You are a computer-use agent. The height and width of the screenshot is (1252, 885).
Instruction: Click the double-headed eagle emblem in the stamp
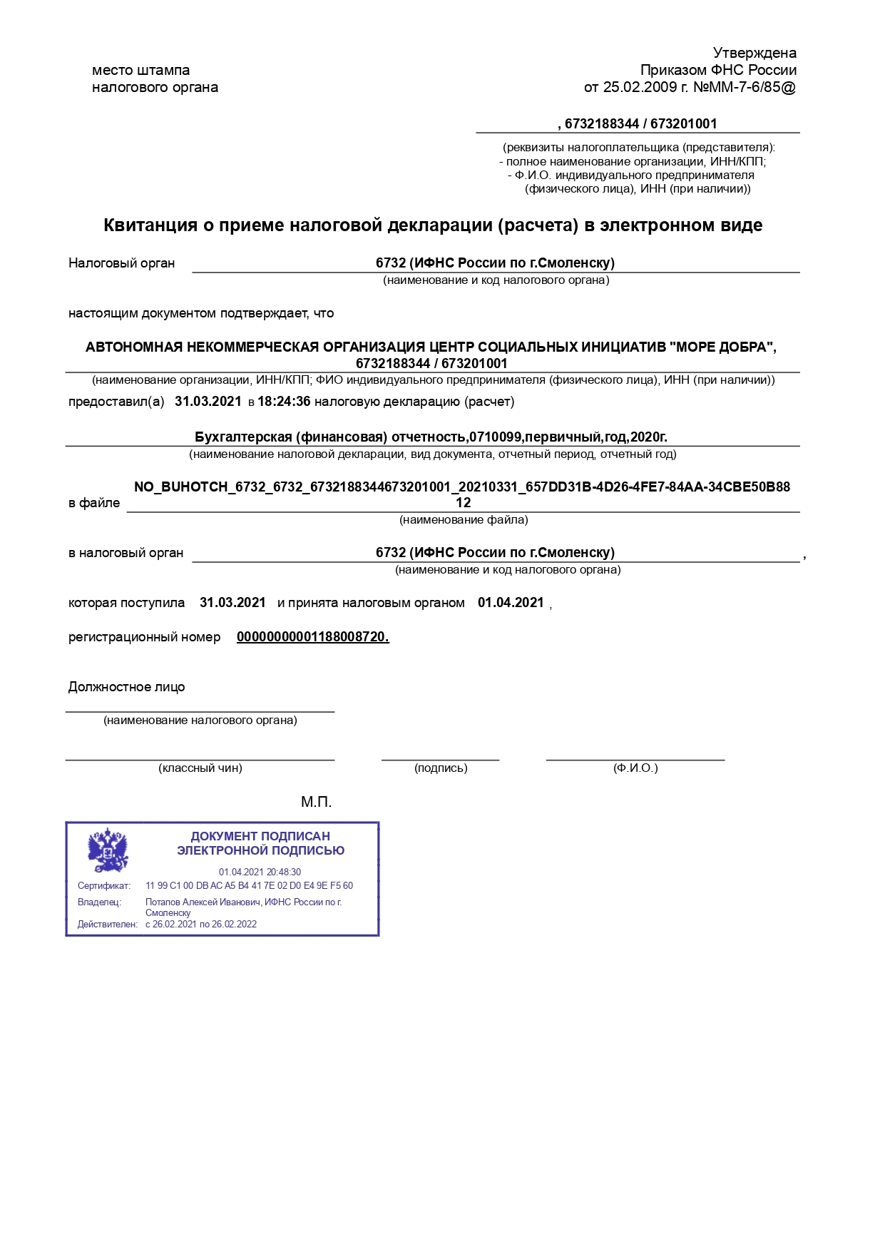[108, 850]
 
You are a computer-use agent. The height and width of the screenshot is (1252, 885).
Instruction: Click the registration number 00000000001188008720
[312, 637]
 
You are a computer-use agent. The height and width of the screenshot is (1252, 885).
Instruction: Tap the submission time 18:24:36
[284, 402]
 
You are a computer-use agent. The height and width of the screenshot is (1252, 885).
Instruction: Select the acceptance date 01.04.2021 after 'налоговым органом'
[511, 603]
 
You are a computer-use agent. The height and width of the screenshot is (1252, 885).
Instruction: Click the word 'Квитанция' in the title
[150, 225]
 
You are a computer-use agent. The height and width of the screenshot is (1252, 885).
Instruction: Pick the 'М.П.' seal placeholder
[316, 802]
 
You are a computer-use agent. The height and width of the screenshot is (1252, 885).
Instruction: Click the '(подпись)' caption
[441, 768]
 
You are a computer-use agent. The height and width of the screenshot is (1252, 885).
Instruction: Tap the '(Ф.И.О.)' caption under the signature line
[635, 768]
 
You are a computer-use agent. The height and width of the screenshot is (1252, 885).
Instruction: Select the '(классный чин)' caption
[200, 768]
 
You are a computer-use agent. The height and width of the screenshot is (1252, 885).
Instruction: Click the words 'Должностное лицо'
[127, 687]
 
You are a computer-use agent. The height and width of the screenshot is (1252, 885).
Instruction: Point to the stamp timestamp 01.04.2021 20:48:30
[260, 872]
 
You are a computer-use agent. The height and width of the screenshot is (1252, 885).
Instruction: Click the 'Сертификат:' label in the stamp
[104, 886]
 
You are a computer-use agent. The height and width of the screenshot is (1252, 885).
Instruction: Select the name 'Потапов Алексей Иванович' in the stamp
[203, 902]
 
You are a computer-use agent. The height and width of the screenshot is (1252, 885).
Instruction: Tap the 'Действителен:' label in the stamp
[108, 925]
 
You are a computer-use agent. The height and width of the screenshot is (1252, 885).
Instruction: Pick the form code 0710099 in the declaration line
[495, 437]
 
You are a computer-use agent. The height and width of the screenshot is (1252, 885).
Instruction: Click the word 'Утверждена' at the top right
[754, 53]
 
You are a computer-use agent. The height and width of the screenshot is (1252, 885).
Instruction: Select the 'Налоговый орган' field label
[122, 263]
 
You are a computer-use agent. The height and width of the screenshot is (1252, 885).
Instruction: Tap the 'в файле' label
[94, 503]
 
